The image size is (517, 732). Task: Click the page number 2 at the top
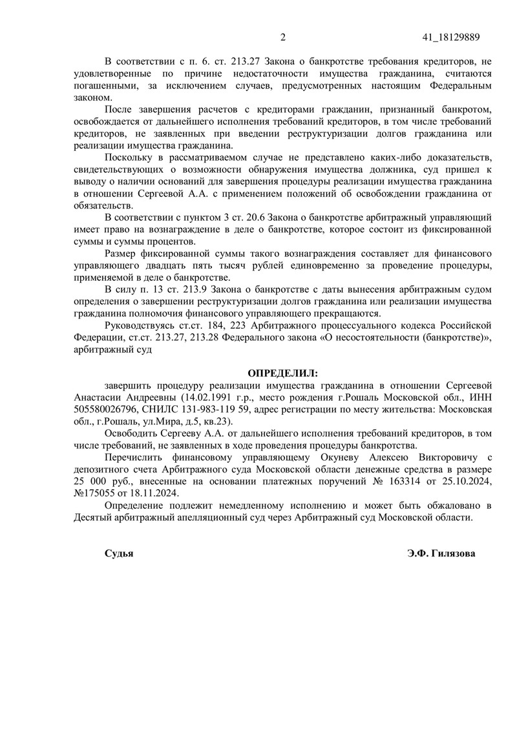tap(282, 37)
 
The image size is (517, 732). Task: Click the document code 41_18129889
tap(450, 37)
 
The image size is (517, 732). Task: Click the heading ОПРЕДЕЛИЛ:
tap(284, 374)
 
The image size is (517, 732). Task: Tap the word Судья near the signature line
tap(119, 554)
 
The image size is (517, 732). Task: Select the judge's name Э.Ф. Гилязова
tap(441, 554)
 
